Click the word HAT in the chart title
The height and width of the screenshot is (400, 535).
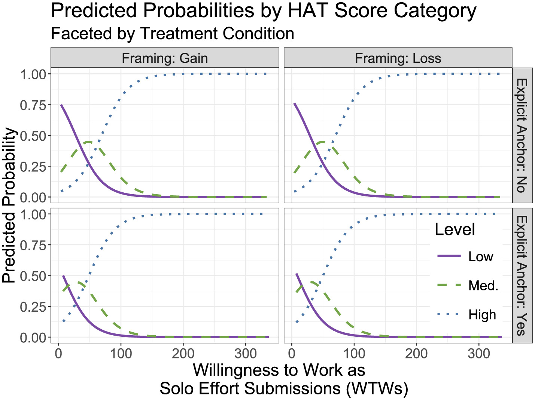(307, 10)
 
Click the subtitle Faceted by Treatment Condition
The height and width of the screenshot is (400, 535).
(172, 34)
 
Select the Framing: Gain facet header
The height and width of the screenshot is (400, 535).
(165, 58)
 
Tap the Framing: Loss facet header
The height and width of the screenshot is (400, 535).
(398, 58)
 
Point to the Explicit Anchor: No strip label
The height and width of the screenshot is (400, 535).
(522, 135)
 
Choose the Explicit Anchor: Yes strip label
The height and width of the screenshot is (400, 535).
(522, 275)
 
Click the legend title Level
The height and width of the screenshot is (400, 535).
(455, 229)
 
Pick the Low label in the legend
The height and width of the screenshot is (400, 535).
(481, 257)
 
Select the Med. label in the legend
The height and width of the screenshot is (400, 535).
(483, 286)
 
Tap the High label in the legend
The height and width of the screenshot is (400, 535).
(482, 315)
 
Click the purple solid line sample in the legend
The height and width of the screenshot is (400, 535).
(449, 256)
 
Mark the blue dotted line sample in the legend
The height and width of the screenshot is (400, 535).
(449, 314)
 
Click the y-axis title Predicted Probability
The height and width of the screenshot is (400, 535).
(10, 205)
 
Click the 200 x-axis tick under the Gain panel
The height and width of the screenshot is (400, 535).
(183, 353)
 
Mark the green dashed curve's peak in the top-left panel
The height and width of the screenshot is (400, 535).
(89, 142)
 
